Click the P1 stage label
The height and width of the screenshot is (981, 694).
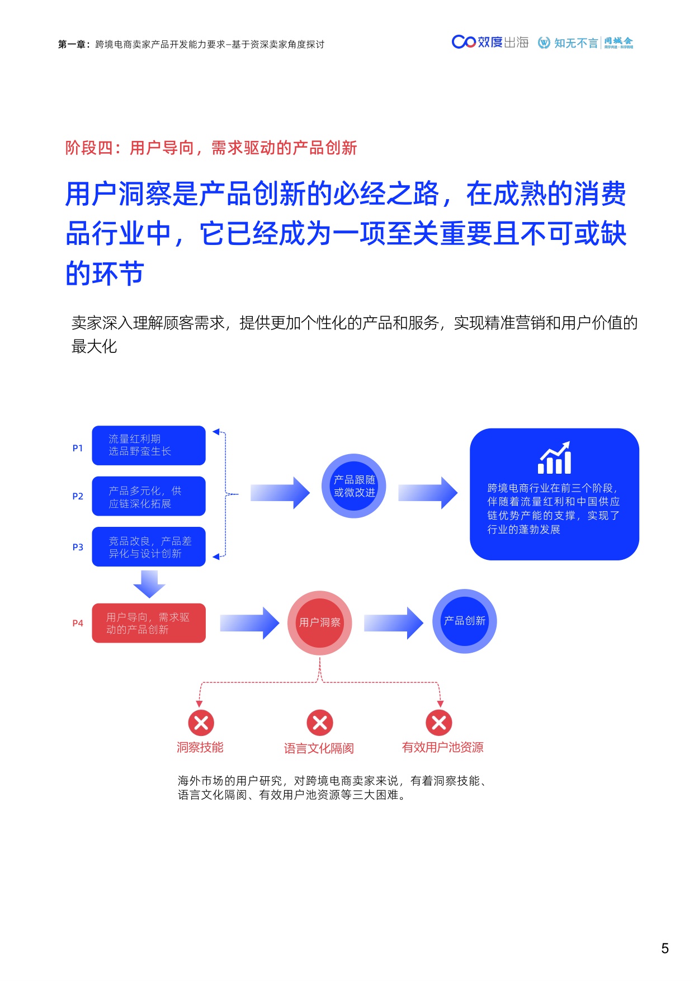coord(78,448)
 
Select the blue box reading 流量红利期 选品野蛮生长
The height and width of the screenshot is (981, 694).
coord(149,445)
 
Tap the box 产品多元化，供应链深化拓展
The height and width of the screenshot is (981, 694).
coord(149,497)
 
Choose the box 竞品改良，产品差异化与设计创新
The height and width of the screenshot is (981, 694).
coord(149,547)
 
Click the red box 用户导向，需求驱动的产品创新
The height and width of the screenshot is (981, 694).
coord(149,623)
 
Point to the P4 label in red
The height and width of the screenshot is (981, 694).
coord(78,623)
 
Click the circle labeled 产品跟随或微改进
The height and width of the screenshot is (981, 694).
coord(354,486)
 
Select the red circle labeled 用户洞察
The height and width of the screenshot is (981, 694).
coord(320,622)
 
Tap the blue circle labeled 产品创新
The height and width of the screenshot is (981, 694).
coord(464,621)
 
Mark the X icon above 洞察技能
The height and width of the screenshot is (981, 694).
coord(201,723)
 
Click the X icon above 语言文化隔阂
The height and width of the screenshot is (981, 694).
coord(320,723)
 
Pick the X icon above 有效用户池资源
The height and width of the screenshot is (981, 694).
coord(439,723)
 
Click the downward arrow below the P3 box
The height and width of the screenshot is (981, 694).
coord(149,584)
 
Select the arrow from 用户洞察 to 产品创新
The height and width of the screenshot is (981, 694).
coord(394,623)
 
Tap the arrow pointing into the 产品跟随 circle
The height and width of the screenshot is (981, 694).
coord(280,493)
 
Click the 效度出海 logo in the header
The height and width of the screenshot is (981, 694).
coord(490,43)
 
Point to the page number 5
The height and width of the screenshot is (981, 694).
coord(665,948)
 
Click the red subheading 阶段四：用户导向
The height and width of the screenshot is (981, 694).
coord(211,148)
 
